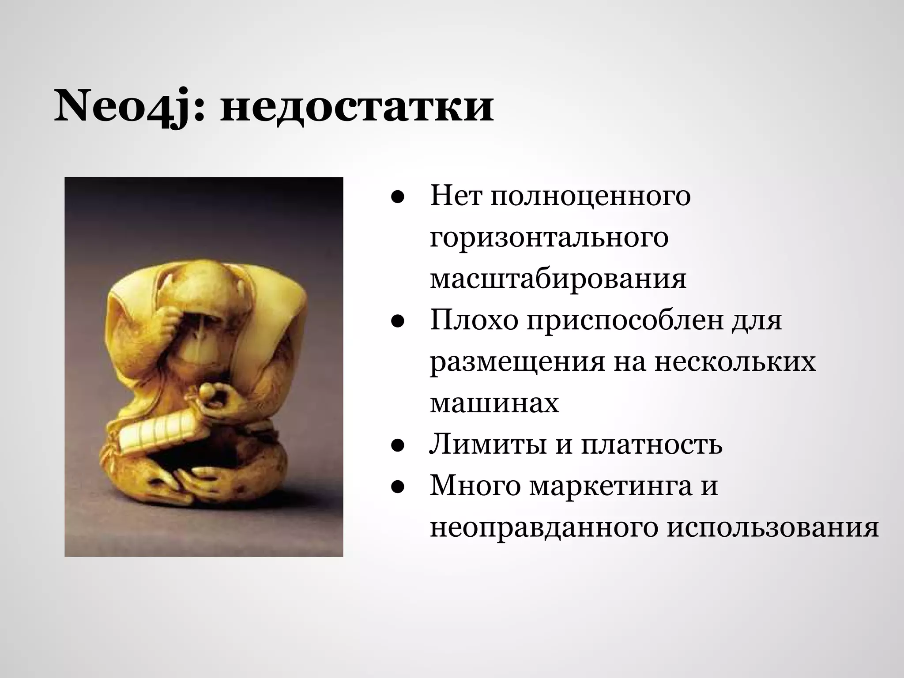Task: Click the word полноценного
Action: tap(590, 197)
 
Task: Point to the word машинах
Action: tap(494, 403)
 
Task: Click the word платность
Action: tap(652, 444)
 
